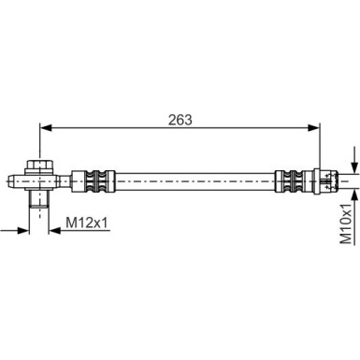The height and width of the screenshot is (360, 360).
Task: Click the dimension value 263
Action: (180, 119)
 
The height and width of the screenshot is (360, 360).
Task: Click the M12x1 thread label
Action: (90, 223)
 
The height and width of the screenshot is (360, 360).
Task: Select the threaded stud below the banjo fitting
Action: (40, 199)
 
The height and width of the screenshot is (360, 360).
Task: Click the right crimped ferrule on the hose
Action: (290, 179)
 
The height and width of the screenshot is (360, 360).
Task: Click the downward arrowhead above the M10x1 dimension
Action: (353, 162)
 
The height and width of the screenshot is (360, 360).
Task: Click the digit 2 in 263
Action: (171, 119)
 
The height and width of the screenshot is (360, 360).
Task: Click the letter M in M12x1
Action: (71, 223)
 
